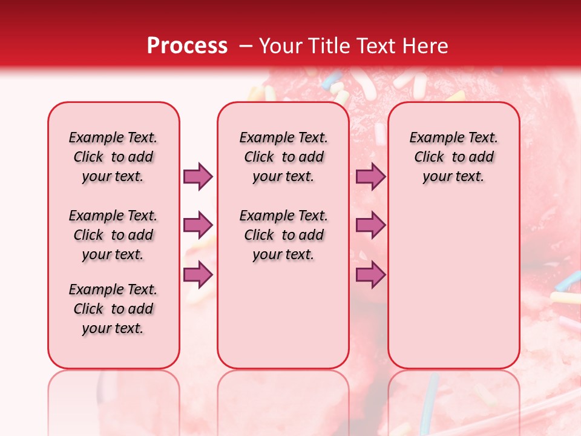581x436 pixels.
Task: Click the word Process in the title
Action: [187, 46]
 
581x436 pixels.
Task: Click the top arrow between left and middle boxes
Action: [198, 176]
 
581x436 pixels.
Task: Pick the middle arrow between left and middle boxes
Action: [198, 225]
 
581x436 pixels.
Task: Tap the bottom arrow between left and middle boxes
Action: [198, 274]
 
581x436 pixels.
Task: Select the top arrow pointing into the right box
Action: [370, 176]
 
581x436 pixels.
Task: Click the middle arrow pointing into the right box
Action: [370, 225]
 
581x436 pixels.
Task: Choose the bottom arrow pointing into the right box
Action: [370, 274]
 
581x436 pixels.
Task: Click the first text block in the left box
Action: [113, 157]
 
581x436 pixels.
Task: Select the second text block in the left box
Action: [113, 235]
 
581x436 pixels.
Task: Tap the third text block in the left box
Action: [113, 309]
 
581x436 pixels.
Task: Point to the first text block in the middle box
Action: [284, 157]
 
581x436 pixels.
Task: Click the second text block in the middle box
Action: [284, 235]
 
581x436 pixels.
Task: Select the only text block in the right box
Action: [454, 157]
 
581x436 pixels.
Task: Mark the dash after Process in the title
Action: [246, 46]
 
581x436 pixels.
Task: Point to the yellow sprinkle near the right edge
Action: [565, 296]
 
